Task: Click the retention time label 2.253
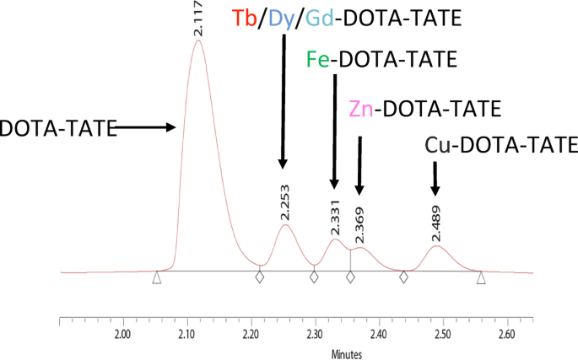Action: click(x=284, y=206)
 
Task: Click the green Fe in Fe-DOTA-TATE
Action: click(x=316, y=62)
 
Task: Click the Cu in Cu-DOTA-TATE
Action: click(x=436, y=145)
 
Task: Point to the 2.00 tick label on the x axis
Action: click(x=123, y=334)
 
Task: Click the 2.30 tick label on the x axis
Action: click(x=315, y=334)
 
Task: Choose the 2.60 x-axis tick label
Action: click(x=506, y=334)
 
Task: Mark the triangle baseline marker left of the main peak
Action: click(x=156, y=277)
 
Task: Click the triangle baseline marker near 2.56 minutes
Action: click(x=480, y=277)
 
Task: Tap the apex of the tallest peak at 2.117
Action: click(x=198, y=40)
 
